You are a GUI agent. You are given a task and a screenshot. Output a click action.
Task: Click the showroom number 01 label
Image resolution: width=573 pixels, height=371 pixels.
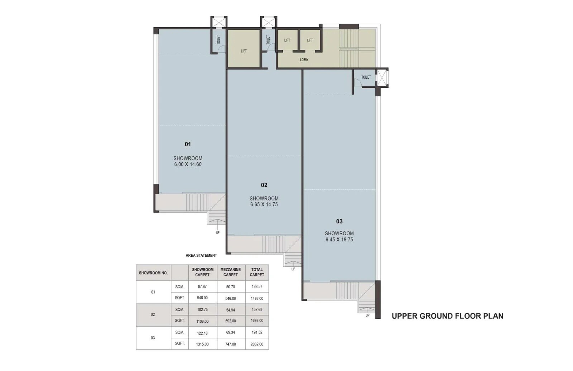tap(188, 144)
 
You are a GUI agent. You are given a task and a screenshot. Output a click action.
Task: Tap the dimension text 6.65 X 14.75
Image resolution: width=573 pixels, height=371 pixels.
tap(264, 204)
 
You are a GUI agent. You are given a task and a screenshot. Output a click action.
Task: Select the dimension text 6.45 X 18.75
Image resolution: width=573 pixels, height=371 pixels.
tap(339, 240)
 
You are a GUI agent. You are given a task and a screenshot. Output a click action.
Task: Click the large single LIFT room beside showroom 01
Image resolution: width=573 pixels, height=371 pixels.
tap(244, 50)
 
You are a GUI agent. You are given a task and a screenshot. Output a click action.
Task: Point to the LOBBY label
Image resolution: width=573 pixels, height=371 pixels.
tap(304, 59)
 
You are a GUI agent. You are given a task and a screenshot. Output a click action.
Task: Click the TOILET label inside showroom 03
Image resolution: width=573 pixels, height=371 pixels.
tap(366, 77)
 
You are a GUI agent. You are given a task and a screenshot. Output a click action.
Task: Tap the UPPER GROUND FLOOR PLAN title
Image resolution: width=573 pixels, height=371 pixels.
tap(447, 316)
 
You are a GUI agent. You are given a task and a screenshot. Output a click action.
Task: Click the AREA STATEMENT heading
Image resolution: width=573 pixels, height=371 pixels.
tap(201, 255)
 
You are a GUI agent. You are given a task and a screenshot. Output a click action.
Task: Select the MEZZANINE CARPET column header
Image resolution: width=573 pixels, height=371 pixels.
tap(231, 272)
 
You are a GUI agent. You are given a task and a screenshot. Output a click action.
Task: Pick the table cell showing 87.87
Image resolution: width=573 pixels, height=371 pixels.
tap(202, 286)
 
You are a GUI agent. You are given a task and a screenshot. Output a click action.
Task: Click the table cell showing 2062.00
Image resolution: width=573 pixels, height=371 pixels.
tap(257, 344)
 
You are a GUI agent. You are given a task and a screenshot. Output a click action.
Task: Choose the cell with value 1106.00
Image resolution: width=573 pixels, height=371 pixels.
tap(202, 321)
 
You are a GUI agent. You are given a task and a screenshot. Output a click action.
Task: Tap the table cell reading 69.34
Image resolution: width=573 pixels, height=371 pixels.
tap(231, 332)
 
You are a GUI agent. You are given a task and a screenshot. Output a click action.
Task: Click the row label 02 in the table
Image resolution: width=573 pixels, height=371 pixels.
tap(153, 314)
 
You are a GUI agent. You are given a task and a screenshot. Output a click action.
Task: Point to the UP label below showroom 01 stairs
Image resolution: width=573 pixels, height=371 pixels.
tap(218, 233)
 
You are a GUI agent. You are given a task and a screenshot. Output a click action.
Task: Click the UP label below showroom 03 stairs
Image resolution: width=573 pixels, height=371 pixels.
tap(367, 315)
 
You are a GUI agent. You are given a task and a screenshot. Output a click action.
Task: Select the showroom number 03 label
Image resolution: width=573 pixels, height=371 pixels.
tap(339, 221)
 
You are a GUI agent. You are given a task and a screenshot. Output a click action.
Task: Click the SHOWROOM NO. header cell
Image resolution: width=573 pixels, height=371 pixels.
tap(153, 273)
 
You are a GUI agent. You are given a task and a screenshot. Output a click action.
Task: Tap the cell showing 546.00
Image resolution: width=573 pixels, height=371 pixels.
tap(231, 298)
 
